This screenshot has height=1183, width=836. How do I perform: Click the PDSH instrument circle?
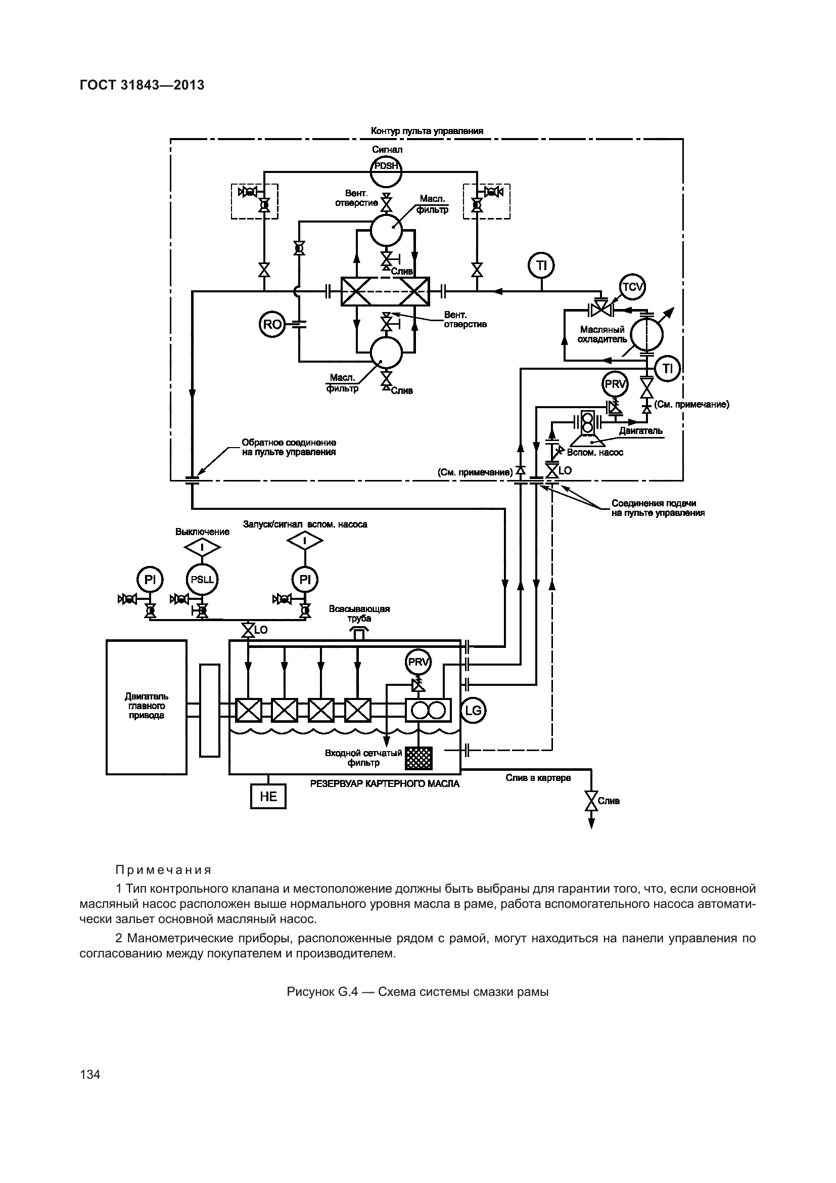pos(386,166)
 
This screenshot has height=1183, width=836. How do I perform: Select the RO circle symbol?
pos(272,324)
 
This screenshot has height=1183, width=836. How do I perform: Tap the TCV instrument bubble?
pos(632,287)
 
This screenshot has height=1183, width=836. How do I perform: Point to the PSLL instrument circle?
pos(202,579)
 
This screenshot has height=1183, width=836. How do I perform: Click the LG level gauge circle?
pos(473,711)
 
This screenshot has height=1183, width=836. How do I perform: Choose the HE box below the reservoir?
pos(268,797)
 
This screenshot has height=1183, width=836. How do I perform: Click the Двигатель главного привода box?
pos(146,707)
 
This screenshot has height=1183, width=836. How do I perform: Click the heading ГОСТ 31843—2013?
pos(142,85)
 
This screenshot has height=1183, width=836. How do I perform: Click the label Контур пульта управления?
pos(427,131)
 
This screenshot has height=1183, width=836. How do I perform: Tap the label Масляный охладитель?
pos(602,334)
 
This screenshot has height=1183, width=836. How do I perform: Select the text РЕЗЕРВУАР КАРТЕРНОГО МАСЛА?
pos(385,783)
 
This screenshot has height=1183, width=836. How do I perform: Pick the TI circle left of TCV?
pos(541,266)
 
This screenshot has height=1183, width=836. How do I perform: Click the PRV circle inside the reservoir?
pos(418,662)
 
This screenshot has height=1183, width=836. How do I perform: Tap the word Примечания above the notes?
pos(164,870)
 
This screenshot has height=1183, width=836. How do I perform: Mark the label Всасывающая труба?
pos(359,614)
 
